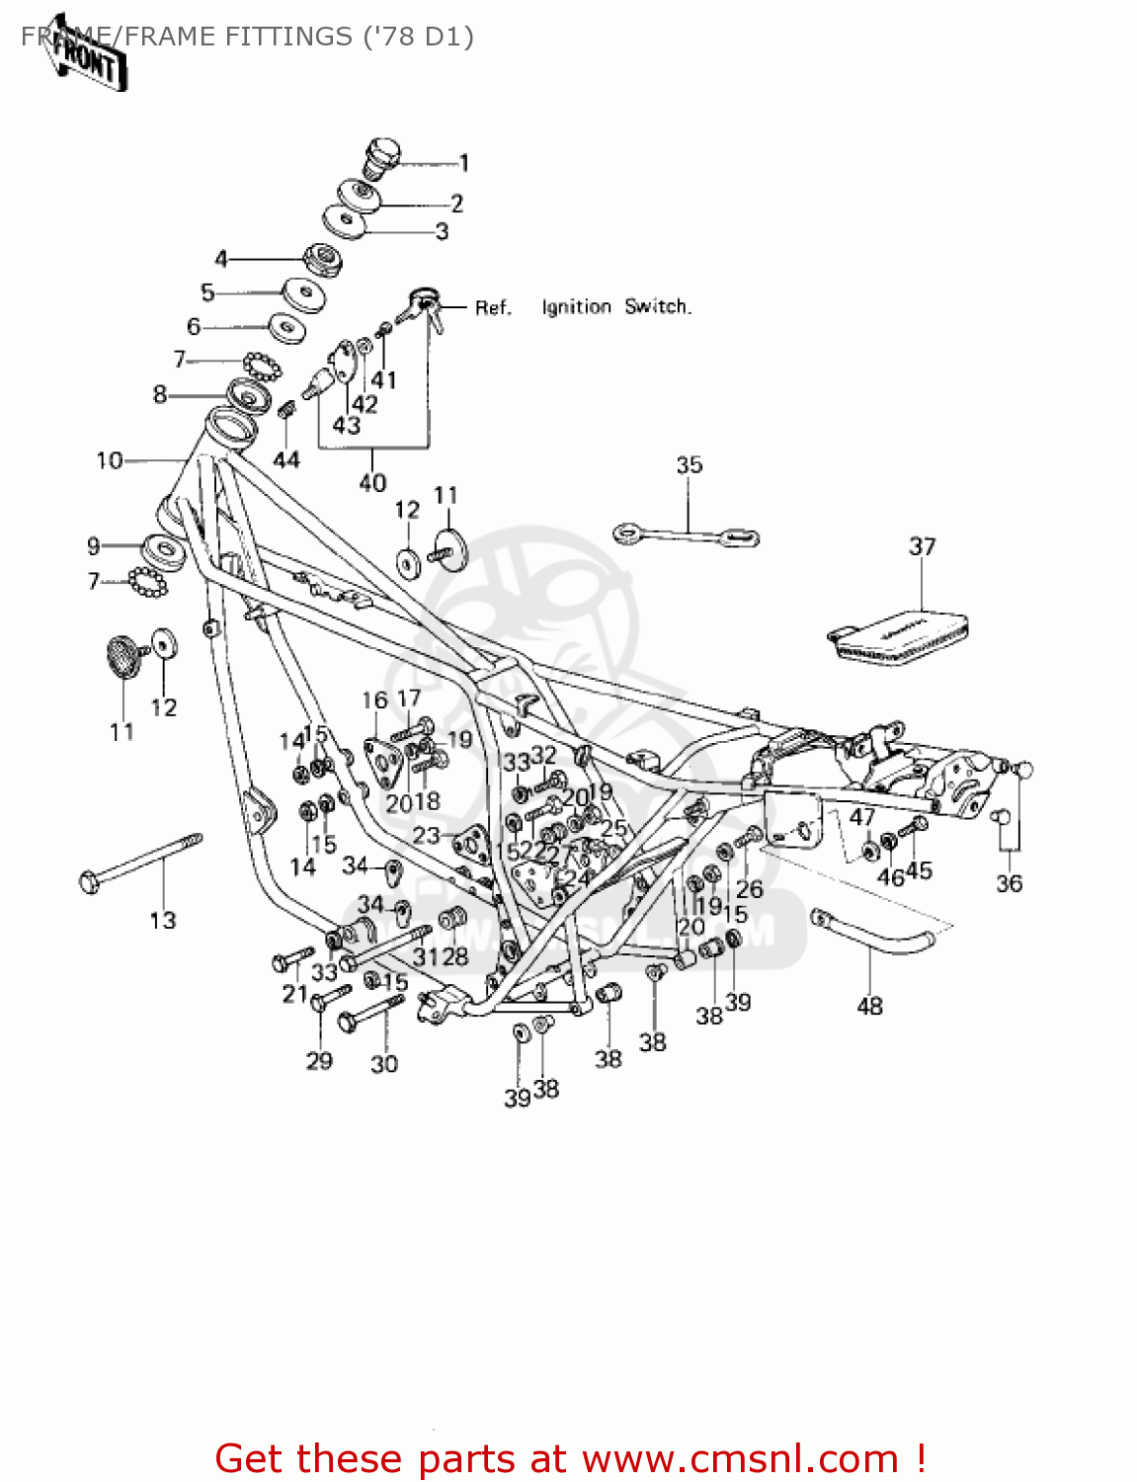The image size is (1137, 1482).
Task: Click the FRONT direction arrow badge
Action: pyautogui.click(x=87, y=56)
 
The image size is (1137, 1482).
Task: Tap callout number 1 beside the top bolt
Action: pyautogui.click(x=464, y=164)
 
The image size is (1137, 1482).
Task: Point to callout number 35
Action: pyautogui.click(x=690, y=465)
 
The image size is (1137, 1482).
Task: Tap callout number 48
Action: pyautogui.click(x=869, y=1006)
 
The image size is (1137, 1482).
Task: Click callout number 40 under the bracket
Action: pyautogui.click(x=372, y=483)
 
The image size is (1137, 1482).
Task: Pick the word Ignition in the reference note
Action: pyautogui.click(x=576, y=307)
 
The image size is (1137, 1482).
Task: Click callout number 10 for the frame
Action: pyautogui.click(x=110, y=460)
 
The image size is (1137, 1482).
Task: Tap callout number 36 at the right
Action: pyautogui.click(x=1009, y=883)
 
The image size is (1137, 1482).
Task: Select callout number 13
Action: pyautogui.click(x=163, y=921)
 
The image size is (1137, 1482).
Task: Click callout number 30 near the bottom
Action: pyautogui.click(x=384, y=1064)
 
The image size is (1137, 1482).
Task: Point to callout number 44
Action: pyautogui.click(x=285, y=459)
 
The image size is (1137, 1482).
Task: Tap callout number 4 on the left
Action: pyautogui.click(x=221, y=259)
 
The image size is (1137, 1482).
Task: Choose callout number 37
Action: pyautogui.click(x=922, y=546)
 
